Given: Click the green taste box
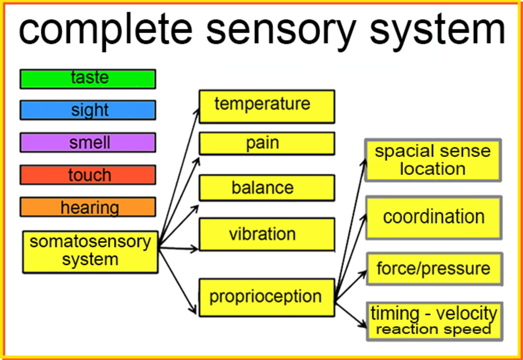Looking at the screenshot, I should [x=88, y=79].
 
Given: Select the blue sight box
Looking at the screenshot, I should [x=88, y=110].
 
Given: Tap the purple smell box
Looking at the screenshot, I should [x=88, y=143].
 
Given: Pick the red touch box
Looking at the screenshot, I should [x=88, y=175].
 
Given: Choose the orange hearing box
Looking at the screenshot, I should [x=88, y=207].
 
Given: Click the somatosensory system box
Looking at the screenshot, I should [x=90, y=251].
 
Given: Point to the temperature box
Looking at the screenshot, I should [x=267, y=106].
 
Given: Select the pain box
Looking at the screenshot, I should [x=267, y=143].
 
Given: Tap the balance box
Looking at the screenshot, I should [x=267, y=188].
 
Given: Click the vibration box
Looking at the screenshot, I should [x=267, y=234].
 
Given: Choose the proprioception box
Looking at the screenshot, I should [x=267, y=297].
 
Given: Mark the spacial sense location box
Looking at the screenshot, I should [x=433, y=160].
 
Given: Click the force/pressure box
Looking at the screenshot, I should [x=434, y=268].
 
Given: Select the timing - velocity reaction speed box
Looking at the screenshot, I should [x=434, y=321].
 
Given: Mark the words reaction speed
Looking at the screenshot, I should [x=433, y=329].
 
